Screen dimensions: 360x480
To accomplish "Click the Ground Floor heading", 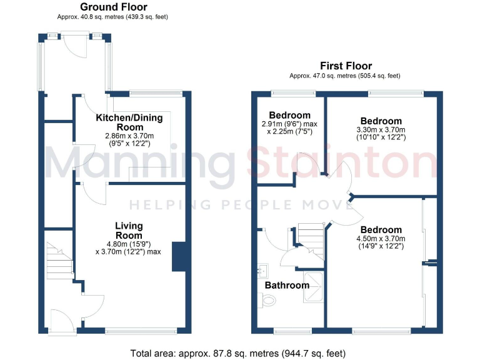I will point(114,7).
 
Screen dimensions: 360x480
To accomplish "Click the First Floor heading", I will point(346,66).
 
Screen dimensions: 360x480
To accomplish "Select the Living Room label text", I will point(129,230).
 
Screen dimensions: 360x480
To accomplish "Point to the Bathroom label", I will point(287,285).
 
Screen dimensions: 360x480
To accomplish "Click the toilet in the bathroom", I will point(267,301).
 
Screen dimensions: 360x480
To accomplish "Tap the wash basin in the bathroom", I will point(262,271).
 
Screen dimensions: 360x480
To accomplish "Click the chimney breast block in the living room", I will point(179,256).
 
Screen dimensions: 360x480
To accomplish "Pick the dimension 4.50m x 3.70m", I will point(381,238).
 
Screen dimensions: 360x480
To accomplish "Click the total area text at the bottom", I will point(238,353).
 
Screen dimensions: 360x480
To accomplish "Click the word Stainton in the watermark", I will point(342,164).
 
